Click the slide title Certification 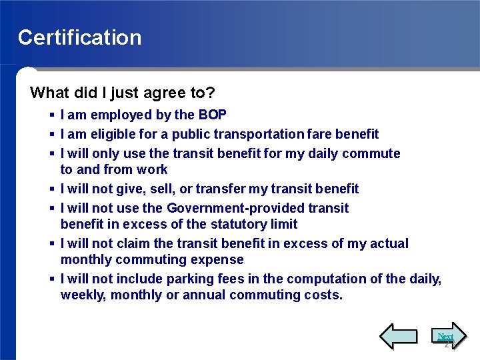[79, 37]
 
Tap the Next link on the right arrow [445, 337]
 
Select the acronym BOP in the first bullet [212, 115]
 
